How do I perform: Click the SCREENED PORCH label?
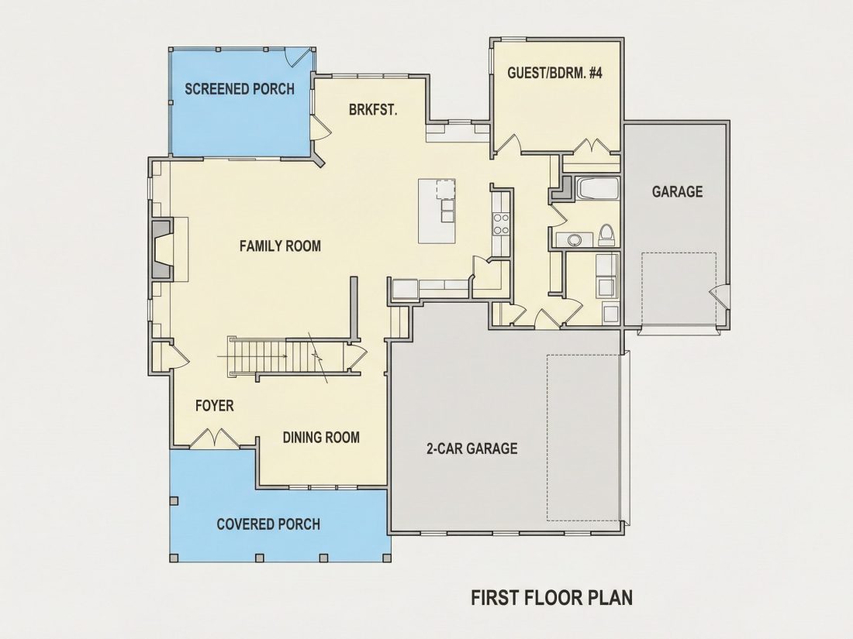click(240, 88)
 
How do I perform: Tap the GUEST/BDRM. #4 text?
click(555, 73)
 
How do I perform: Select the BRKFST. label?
click(373, 110)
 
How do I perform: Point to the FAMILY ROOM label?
click(280, 246)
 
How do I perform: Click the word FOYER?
click(214, 405)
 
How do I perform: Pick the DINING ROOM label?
click(321, 438)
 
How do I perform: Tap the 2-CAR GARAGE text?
click(471, 448)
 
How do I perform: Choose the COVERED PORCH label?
click(268, 524)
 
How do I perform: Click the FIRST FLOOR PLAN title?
click(551, 598)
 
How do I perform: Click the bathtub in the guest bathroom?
click(598, 189)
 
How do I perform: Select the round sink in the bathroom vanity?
click(573, 239)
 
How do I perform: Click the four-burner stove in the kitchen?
click(500, 224)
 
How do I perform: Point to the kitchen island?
click(437, 211)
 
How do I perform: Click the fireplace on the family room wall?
click(161, 249)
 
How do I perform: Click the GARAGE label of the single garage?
click(677, 191)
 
